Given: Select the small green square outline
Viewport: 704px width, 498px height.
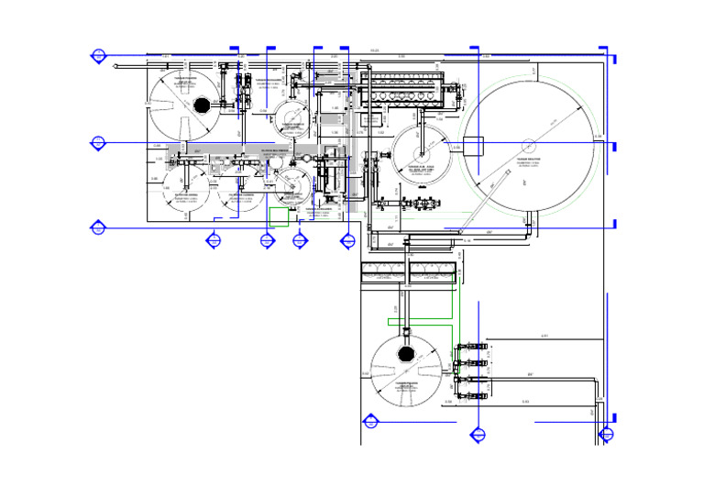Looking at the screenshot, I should coord(279,216).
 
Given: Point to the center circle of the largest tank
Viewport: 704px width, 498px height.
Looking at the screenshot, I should coord(529,144).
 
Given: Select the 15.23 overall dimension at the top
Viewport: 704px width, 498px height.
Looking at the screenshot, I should coord(374,50).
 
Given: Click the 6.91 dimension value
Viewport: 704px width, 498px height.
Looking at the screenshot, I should coord(544,336).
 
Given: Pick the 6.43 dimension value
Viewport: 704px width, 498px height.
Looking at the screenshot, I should coord(525,402).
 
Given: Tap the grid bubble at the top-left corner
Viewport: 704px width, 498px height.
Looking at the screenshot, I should coord(98,56).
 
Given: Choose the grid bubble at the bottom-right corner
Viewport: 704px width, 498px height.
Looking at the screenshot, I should coord(606,434).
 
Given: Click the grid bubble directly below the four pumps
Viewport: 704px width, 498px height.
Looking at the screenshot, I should coord(476,435).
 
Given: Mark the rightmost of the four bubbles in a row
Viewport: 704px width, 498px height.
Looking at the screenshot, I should coord(347,240).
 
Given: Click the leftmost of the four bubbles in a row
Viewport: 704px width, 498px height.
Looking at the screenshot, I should coord(214,240).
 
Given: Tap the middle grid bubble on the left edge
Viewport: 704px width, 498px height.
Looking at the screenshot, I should coord(98,142).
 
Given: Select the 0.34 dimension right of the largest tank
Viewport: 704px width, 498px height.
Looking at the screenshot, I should coord(598,137).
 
